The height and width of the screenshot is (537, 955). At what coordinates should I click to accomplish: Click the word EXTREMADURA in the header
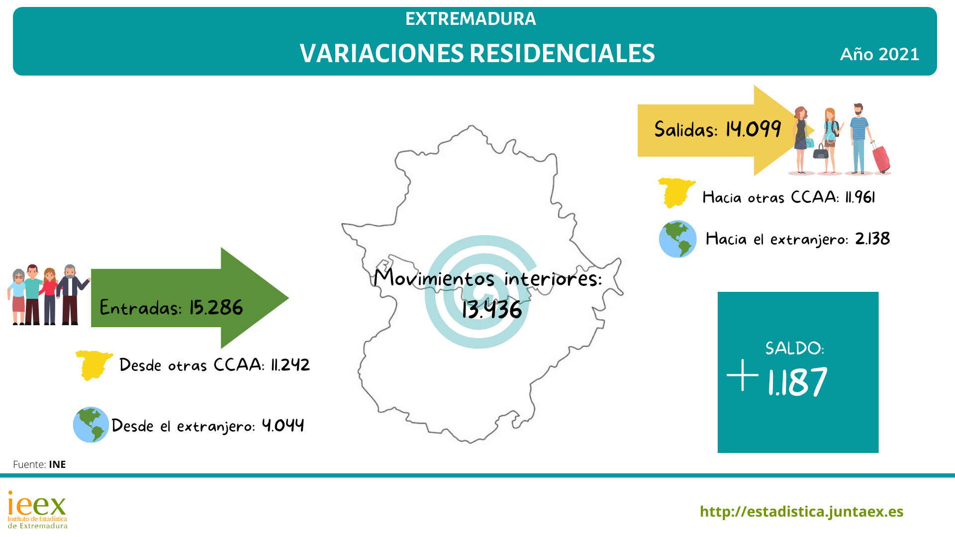click(471, 19)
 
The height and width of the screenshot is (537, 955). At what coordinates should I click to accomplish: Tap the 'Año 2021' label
click(879, 54)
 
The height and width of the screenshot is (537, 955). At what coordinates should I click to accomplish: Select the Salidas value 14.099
click(754, 129)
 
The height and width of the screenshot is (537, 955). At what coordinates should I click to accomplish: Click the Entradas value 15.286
click(216, 308)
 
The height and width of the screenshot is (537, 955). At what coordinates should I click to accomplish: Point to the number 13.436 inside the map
click(492, 309)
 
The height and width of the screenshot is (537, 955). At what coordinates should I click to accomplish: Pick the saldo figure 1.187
click(797, 382)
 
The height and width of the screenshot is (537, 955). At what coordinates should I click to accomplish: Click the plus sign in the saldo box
click(743, 375)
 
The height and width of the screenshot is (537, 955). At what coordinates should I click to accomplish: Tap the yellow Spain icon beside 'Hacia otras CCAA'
click(677, 193)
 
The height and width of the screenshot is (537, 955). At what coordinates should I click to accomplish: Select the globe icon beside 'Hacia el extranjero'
click(677, 239)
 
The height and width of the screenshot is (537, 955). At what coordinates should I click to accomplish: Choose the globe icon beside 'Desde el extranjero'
click(91, 425)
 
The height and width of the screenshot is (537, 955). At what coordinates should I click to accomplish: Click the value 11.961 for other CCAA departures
click(860, 197)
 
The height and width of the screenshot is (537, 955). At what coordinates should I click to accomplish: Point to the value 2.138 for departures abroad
click(872, 239)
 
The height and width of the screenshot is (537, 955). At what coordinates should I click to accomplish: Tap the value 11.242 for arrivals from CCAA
click(290, 365)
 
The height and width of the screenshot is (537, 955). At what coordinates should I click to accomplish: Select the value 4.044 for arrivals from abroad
click(283, 425)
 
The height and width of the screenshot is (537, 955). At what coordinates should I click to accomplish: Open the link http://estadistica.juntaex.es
click(801, 512)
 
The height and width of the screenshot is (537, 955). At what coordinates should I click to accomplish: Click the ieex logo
click(37, 510)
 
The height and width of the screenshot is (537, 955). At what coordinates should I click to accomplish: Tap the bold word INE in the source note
click(57, 464)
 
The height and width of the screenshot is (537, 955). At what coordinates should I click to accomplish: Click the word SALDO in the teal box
click(794, 348)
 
